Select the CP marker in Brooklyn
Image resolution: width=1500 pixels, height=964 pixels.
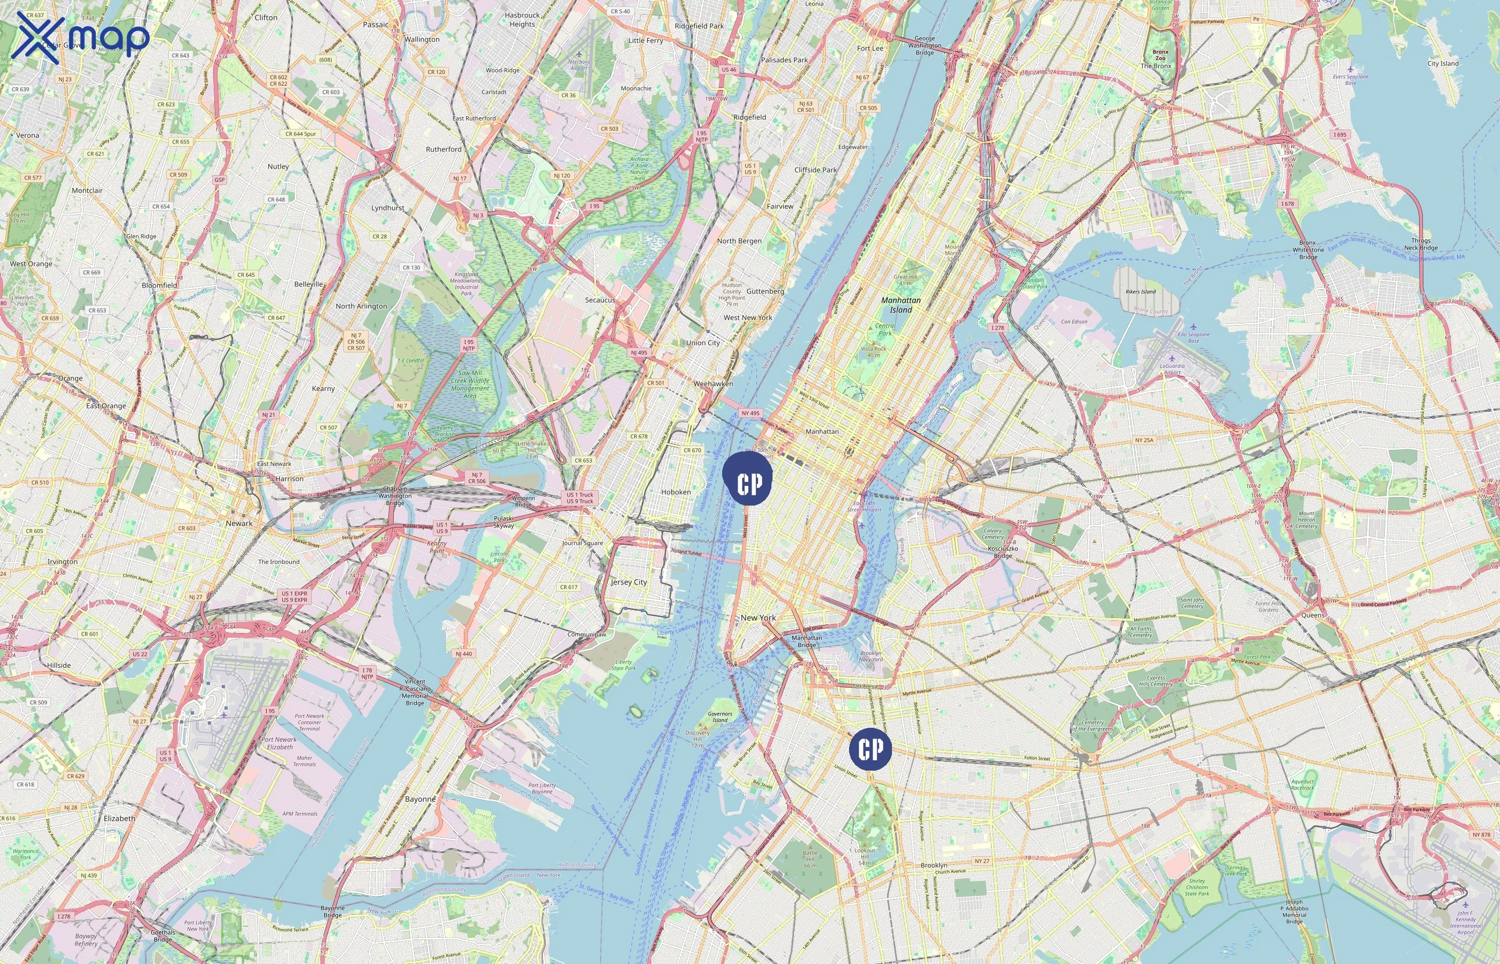point(870,749)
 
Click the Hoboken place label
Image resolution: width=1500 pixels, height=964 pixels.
point(676,492)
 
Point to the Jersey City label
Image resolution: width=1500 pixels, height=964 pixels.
point(628,582)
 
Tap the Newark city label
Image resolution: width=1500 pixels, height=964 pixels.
point(239,523)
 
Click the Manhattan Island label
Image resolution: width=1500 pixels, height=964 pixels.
point(901,305)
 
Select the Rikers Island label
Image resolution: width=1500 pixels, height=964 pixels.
point(1141,292)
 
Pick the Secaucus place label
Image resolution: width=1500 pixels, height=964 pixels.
point(600,300)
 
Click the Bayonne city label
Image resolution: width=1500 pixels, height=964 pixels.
point(420,800)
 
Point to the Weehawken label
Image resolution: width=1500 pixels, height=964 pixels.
point(713,383)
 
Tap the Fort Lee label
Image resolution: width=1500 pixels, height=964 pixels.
point(870,48)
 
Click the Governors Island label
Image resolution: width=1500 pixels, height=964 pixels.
point(720,717)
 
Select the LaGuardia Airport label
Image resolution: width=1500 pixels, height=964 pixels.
point(1172,368)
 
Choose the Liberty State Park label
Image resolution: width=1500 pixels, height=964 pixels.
point(624,665)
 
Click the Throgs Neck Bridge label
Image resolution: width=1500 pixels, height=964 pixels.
point(1421,244)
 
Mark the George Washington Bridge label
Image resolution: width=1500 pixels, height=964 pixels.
point(925,46)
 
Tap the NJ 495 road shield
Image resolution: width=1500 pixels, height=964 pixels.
point(639,352)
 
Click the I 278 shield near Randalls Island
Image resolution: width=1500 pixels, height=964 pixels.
point(997,327)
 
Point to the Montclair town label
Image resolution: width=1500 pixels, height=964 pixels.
point(87,190)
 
